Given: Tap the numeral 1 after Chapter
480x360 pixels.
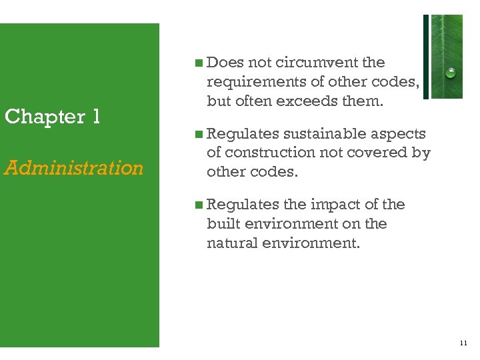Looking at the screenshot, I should point(96,117).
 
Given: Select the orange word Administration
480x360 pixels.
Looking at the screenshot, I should point(74,167).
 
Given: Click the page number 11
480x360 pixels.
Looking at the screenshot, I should point(463,343).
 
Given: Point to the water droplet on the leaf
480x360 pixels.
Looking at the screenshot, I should point(451,73).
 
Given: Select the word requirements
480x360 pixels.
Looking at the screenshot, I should point(255,81).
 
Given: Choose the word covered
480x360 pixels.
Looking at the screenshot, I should point(377,153).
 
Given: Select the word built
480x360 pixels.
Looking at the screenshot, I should point(221,223).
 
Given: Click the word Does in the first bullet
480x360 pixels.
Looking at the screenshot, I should point(225,63).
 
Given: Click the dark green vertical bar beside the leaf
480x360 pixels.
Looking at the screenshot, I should point(426,57).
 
